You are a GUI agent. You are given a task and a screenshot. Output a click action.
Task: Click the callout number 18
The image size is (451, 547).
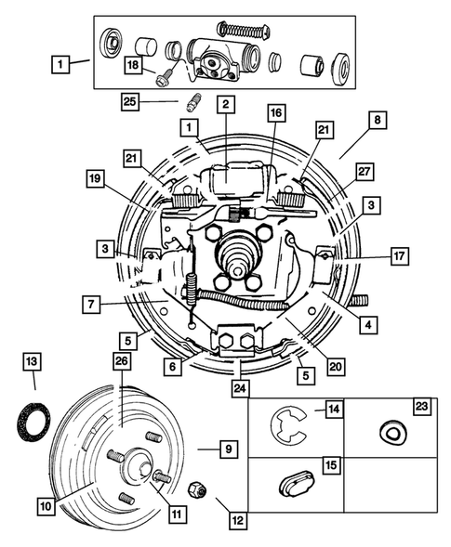tap(133, 65)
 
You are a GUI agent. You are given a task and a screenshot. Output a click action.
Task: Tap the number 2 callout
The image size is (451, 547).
tap(226, 105)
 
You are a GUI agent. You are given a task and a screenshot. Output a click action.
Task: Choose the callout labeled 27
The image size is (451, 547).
tap(365, 171)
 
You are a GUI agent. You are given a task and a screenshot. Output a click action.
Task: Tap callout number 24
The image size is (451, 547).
tap(241, 389)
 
